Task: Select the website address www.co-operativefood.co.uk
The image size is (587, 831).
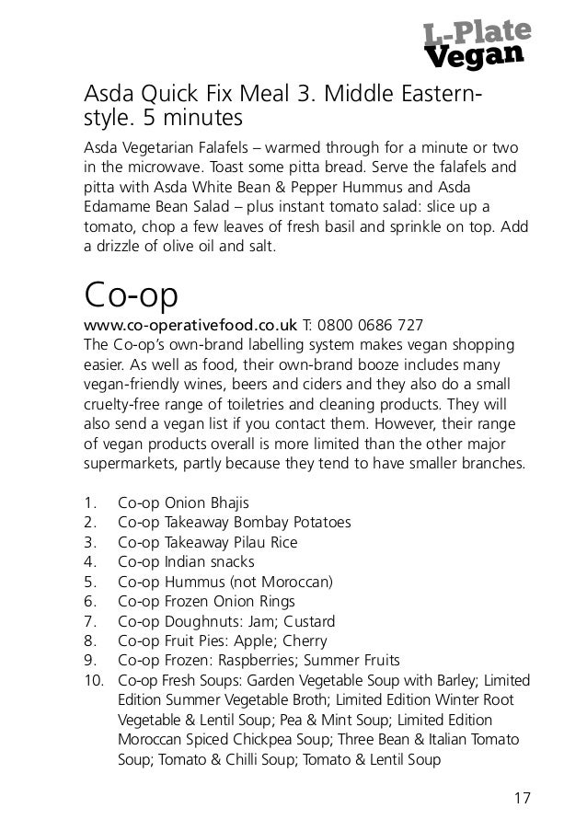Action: [x=190, y=325]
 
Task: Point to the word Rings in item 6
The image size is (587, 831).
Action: [x=274, y=601]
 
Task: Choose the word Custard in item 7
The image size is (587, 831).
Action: [x=309, y=621]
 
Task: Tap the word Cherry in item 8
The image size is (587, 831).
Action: [x=304, y=641]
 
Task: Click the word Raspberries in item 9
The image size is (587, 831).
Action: [x=265, y=660]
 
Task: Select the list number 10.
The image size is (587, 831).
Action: [x=92, y=681]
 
